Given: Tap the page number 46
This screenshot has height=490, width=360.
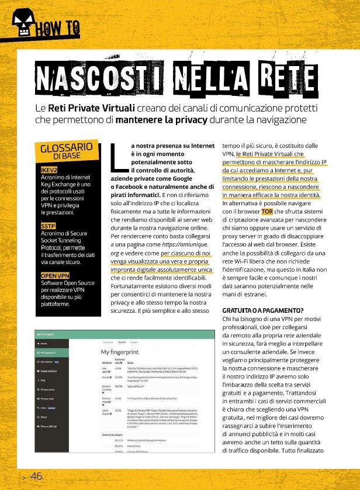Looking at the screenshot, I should tap(36, 476).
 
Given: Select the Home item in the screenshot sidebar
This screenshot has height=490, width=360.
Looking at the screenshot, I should tap(44, 343).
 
